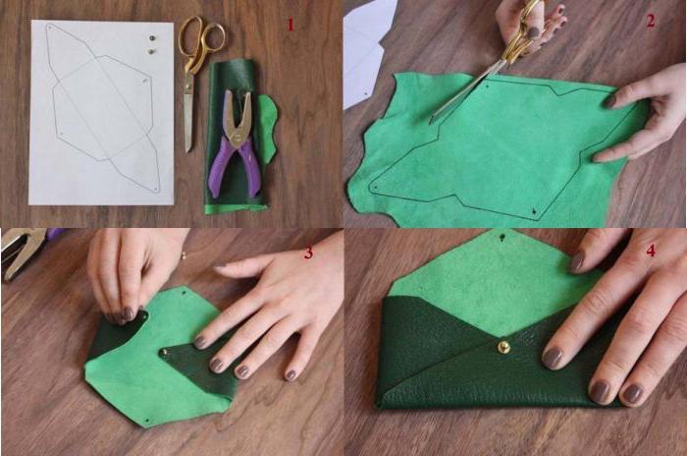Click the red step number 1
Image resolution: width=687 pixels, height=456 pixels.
291,25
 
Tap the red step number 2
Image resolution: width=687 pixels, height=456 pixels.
650,21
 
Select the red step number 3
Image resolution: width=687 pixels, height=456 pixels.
309,253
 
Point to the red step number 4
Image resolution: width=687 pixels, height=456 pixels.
651,251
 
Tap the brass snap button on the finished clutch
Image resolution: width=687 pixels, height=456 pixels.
503,347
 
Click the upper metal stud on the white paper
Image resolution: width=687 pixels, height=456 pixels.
152,38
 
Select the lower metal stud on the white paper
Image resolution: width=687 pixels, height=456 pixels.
151,51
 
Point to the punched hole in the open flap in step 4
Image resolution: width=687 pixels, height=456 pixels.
502,238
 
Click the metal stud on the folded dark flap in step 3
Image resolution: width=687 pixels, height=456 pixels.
164,352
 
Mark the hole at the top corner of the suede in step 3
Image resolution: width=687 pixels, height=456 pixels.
184,292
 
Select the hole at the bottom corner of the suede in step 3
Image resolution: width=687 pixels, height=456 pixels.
147,421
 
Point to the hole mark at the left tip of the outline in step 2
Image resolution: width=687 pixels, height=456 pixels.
375,188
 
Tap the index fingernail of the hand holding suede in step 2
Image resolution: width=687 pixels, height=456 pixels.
609,102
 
